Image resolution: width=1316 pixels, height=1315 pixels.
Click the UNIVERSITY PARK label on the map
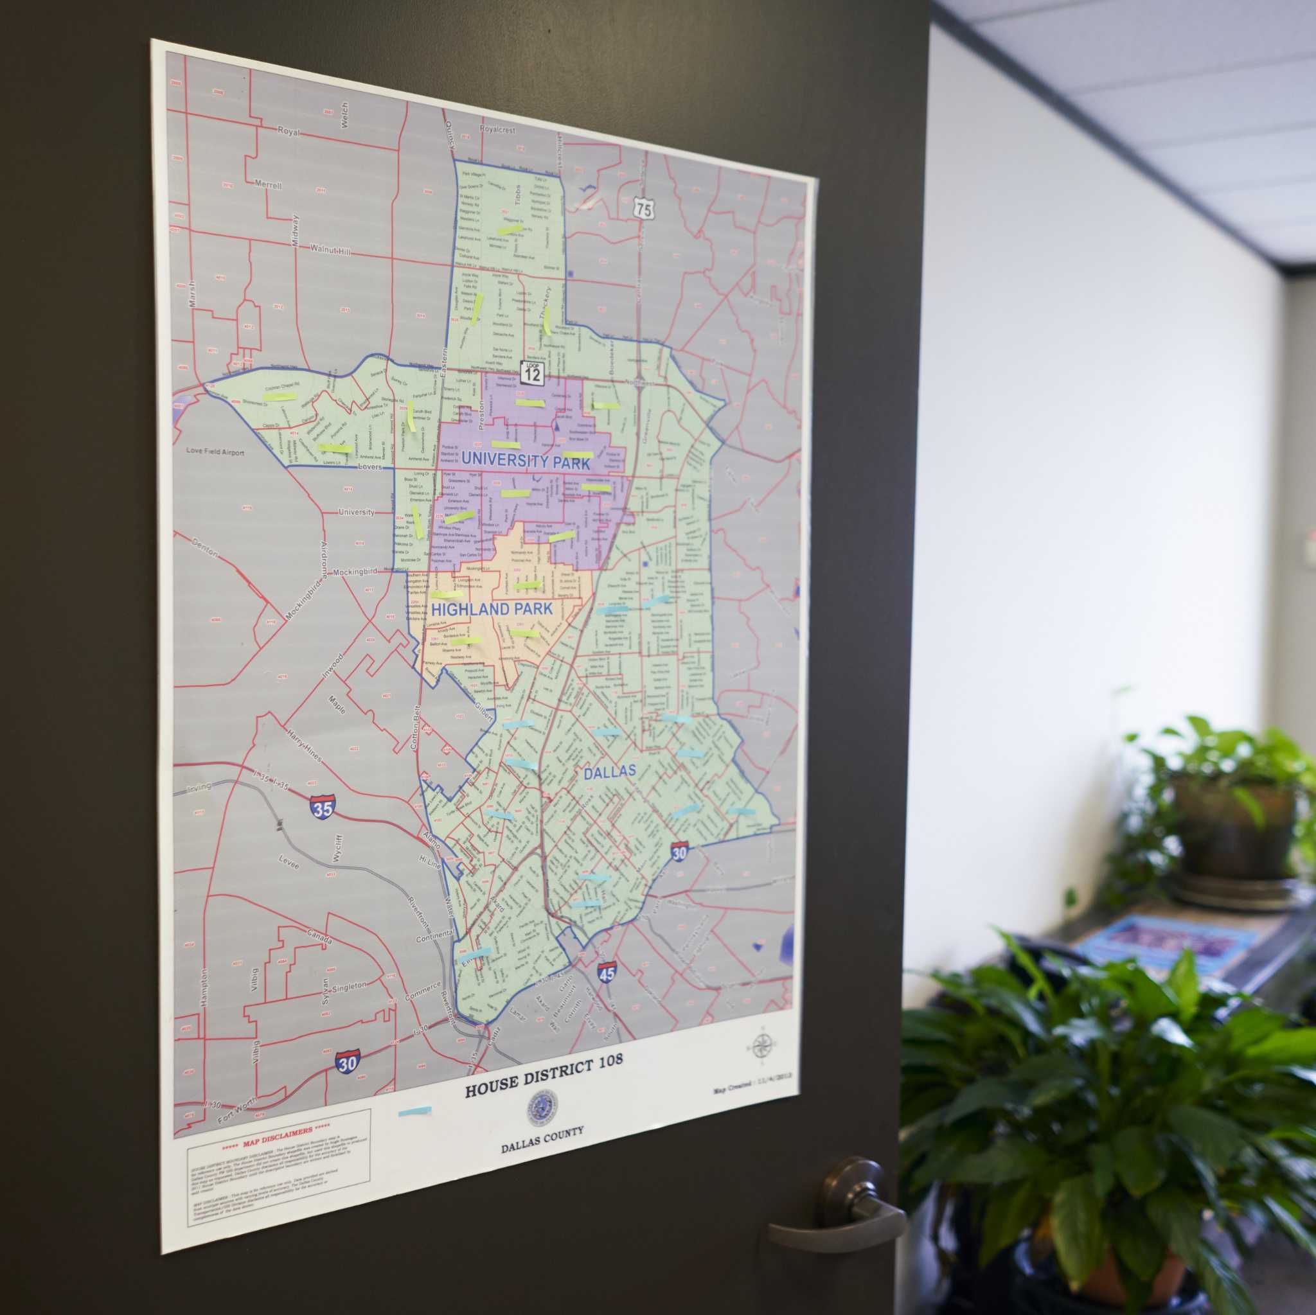click(x=525, y=461)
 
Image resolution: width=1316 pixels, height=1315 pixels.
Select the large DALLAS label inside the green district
click(x=609, y=772)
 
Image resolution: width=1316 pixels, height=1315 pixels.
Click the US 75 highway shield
click(x=643, y=207)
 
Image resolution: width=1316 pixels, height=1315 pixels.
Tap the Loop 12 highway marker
click(x=532, y=373)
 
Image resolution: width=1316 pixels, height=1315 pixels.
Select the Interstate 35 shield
click(x=322, y=808)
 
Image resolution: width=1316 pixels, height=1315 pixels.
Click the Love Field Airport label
click(x=215, y=451)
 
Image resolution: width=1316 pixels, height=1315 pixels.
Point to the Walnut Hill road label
click(x=330, y=251)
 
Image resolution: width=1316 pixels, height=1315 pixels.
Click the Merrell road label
click(x=268, y=184)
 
